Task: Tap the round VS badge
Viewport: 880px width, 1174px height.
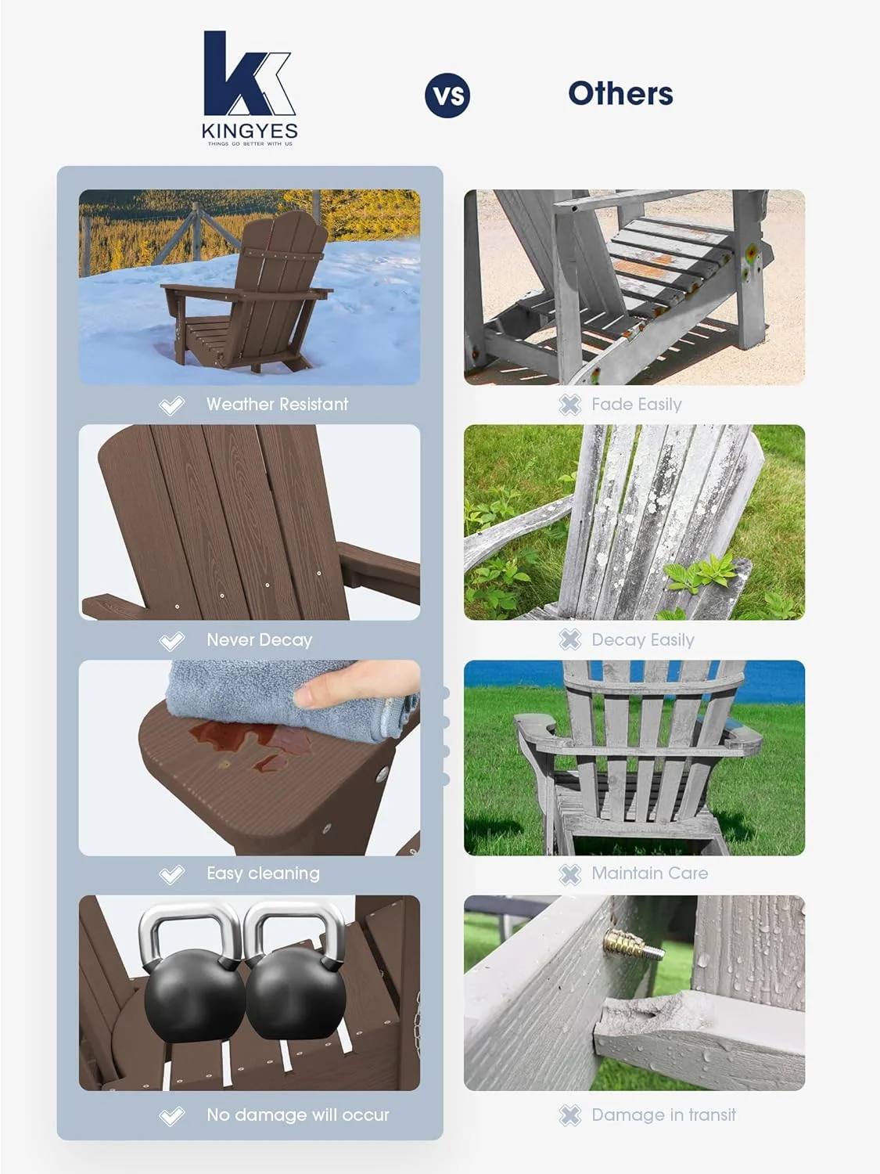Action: tap(447, 95)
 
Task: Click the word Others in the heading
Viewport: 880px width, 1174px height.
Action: tap(620, 93)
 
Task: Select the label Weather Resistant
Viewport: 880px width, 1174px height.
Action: tap(277, 405)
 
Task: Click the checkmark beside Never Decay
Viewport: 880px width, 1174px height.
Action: tap(171, 641)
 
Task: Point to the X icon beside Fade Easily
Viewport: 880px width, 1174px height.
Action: tap(570, 405)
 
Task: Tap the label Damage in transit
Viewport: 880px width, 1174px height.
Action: tap(663, 1115)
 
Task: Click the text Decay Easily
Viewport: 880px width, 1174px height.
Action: tap(642, 640)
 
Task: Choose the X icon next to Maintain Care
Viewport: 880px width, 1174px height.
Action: tap(570, 874)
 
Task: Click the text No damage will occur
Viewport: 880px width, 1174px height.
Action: tap(297, 1115)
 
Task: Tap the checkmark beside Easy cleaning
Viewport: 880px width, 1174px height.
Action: tap(171, 874)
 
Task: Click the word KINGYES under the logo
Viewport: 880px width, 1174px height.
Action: tap(250, 131)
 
